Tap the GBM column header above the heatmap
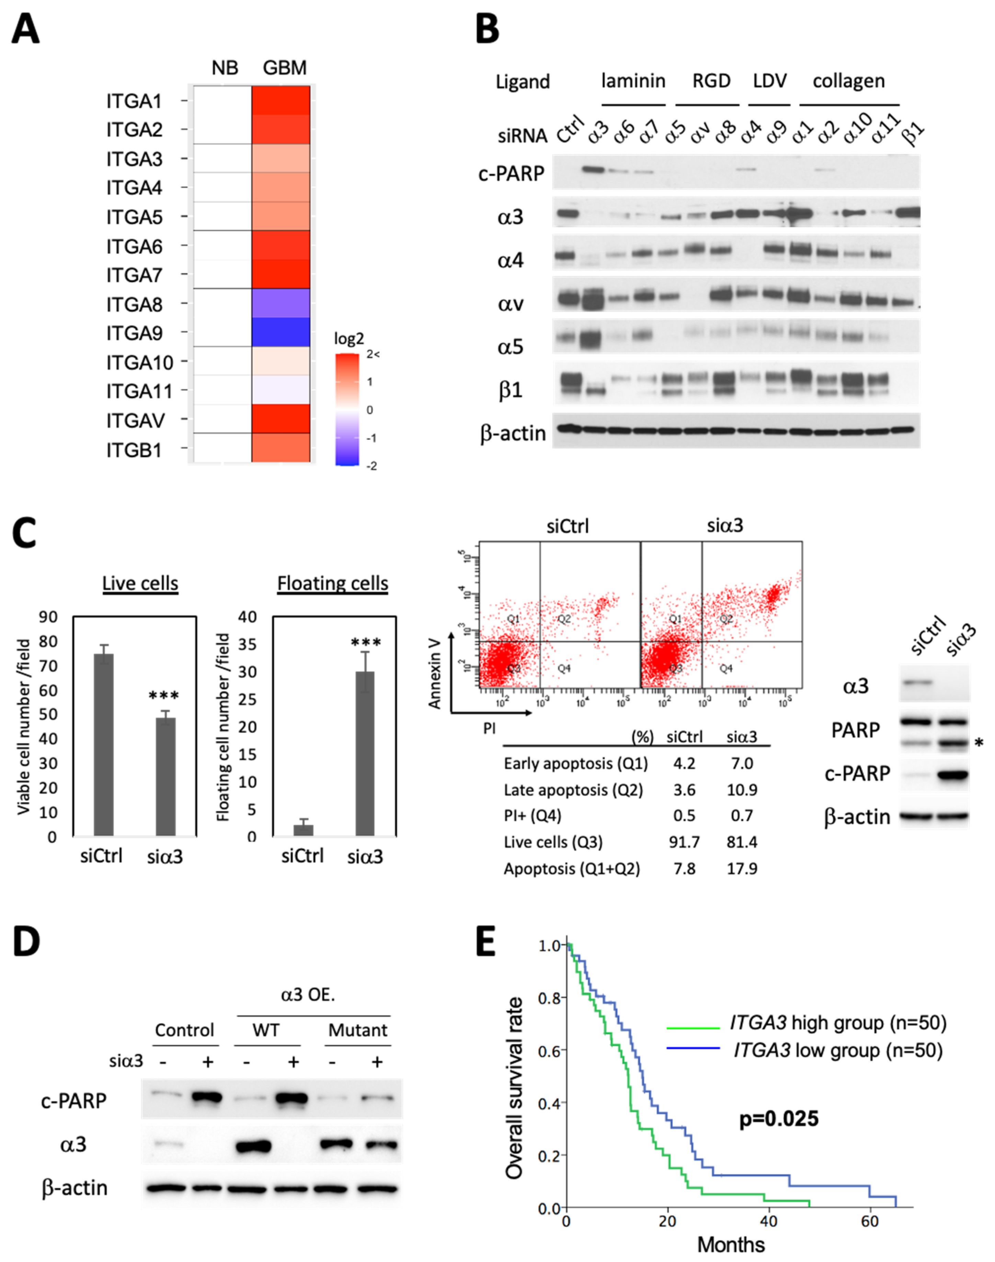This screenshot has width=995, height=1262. pyautogui.click(x=284, y=68)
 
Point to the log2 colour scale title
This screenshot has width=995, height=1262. pyautogui.click(x=349, y=339)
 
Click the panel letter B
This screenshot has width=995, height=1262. pyautogui.click(x=488, y=29)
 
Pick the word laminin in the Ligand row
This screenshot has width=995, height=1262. pyautogui.click(x=633, y=81)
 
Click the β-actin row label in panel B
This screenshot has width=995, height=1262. pyautogui.click(x=513, y=433)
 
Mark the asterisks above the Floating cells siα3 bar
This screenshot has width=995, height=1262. pyautogui.click(x=366, y=643)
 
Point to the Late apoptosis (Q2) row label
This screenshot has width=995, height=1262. pyautogui.click(x=573, y=790)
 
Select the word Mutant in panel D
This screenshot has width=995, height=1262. pyautogui.click(x=358, y=1030)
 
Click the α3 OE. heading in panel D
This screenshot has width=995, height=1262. pyautogui.click(x=308, y=994)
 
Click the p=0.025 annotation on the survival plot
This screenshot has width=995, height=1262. pyautogui.click(x=779, y=1119)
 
